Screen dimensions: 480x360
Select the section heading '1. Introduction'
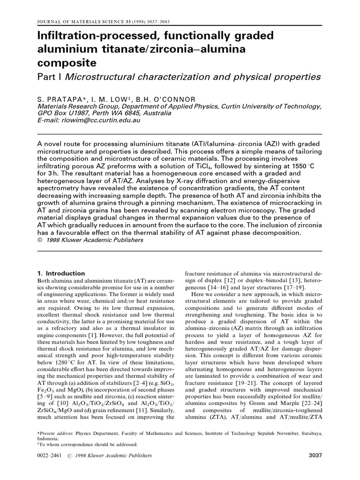60,273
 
